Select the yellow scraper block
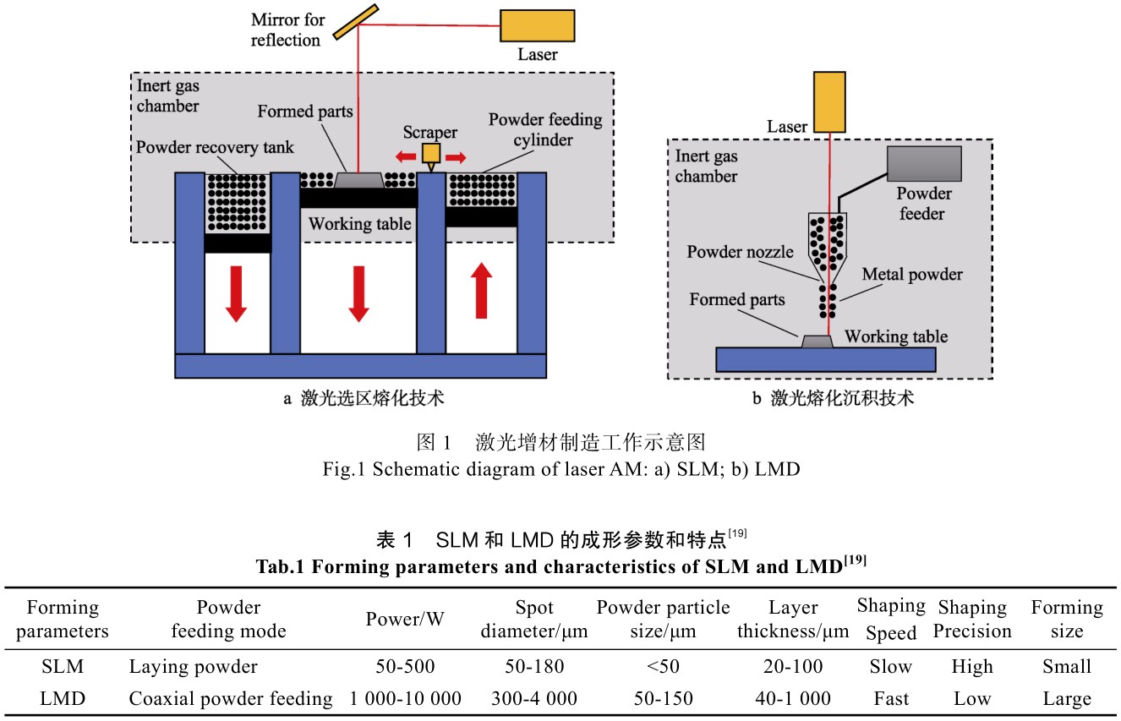[x=432, y=152]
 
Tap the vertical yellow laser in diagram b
[x=828, y=101]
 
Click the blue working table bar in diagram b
[x=825, y=358]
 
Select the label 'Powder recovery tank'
[x=215, y=148]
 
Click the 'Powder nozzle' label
[x=741, y=252]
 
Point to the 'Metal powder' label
[x=912, y=275]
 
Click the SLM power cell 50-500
[x=405, y=667]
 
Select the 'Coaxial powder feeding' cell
[x=231, y=698]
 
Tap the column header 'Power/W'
[x=405, y=620]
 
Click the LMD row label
[x=63, y=698]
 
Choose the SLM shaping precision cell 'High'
[x=972, y=667]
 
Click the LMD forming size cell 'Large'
[x=1067, y=698]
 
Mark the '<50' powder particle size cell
[x=663, y=667]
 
